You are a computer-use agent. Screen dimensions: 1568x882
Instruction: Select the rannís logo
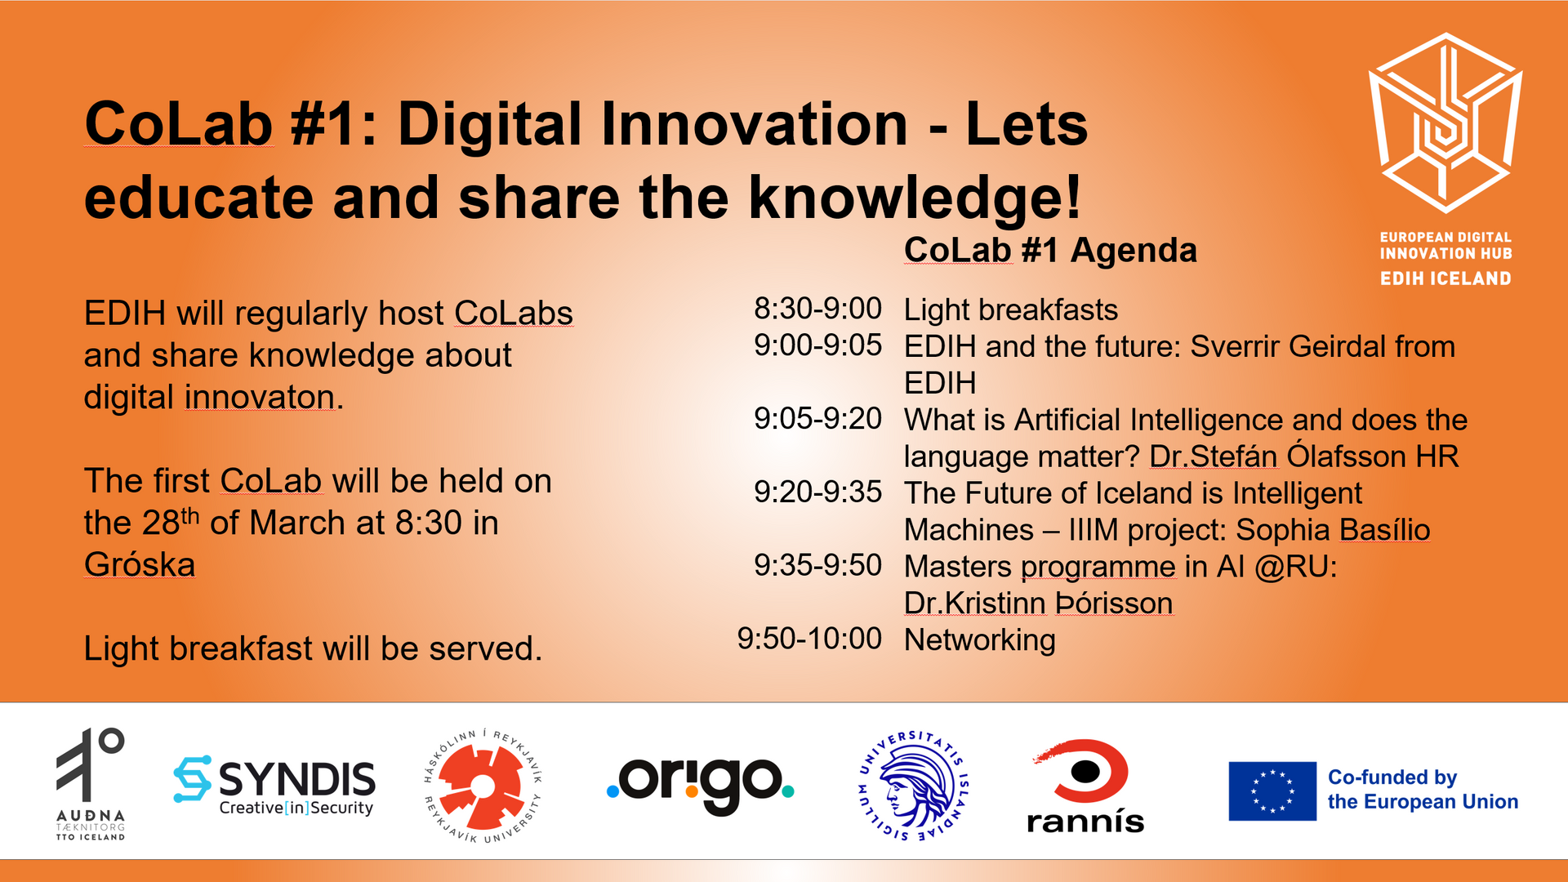[1085, 786]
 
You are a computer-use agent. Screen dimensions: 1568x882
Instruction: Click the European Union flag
[1272, 791]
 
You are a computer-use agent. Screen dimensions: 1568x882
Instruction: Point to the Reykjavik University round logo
[483, 786]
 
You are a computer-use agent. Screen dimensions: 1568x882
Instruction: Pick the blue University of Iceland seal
[914, 786]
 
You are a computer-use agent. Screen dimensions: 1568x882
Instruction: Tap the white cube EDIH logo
[1445, 122]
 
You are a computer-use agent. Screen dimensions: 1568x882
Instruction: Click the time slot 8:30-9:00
[817, 309]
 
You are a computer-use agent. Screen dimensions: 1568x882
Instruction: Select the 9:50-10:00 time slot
[809, 639]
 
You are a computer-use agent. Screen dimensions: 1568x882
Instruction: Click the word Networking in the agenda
[980, 640]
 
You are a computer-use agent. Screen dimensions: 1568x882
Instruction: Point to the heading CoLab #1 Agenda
[1050, 250]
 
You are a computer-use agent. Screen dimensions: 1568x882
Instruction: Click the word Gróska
[140, 564]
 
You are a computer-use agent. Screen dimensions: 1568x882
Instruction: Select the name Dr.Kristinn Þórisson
[1039, 603]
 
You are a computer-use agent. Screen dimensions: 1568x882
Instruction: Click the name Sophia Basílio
[1333, 529]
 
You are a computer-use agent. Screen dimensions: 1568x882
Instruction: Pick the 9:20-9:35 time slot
[817, 492]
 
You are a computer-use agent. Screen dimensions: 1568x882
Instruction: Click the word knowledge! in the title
[915, 198]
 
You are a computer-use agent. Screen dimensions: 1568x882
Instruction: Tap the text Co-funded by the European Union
[1423, 790]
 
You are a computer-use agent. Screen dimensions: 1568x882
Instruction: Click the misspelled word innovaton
[260, 398]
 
